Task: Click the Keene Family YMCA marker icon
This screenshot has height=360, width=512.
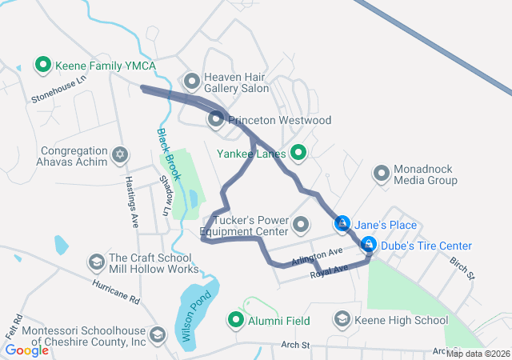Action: [x=42, y=63]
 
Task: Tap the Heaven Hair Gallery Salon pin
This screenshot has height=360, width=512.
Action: [x=192, y=81]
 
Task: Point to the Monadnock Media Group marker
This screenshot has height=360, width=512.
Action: [x=382, y=173]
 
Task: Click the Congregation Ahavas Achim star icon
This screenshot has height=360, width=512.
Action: [x=120, y=153]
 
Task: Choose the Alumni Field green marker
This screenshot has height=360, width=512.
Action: [x=237, y=321]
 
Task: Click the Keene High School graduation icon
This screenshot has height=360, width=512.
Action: [x=342, y=320]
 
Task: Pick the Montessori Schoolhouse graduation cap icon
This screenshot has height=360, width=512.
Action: [x=158, y=334]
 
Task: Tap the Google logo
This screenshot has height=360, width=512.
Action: [x=26, y=350]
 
